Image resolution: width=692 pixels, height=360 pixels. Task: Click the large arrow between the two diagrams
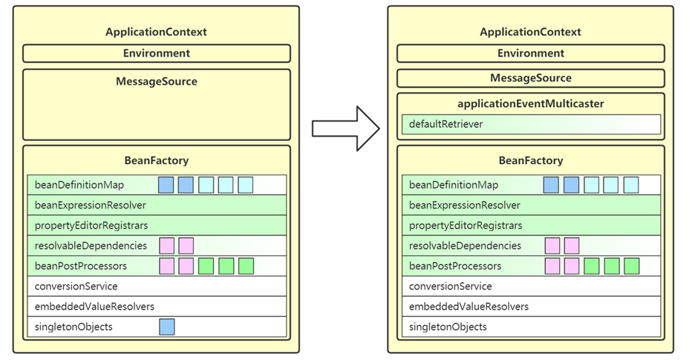click(345, 129)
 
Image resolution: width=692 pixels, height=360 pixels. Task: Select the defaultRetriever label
click(445, 124)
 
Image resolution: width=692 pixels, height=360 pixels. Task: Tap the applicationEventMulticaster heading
click(530, 104)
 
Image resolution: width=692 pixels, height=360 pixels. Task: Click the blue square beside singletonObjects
click(167, 327)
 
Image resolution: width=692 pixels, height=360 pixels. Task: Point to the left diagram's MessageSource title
click(157, 81)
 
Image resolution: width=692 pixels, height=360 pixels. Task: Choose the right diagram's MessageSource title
click(531, 78)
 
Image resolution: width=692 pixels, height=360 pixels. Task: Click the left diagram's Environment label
click(157, 53)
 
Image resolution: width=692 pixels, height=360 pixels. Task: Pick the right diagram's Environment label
click(531, 53)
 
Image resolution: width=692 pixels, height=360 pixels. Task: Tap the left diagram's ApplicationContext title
click(156, 32)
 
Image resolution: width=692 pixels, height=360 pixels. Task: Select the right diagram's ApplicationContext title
click(530, 32)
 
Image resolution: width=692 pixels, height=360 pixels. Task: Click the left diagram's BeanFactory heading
click(157, 160)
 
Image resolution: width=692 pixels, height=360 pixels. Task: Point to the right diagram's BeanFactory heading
click(531, 160)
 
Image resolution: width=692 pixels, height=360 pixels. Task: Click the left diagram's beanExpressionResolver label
click(90, 205)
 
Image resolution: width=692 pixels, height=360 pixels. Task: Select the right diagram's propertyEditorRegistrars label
click(466, 226)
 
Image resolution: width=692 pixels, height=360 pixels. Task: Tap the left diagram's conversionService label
click(76, 287)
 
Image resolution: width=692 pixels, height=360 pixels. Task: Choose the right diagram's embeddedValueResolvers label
click(469, 307)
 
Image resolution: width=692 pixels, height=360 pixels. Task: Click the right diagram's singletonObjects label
click(448, 327)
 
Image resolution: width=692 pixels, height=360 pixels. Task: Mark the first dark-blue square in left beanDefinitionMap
click(166, 185)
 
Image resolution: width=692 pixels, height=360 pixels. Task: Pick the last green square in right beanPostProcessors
click(632, 266)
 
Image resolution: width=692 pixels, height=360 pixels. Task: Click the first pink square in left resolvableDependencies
click(167, 246)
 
